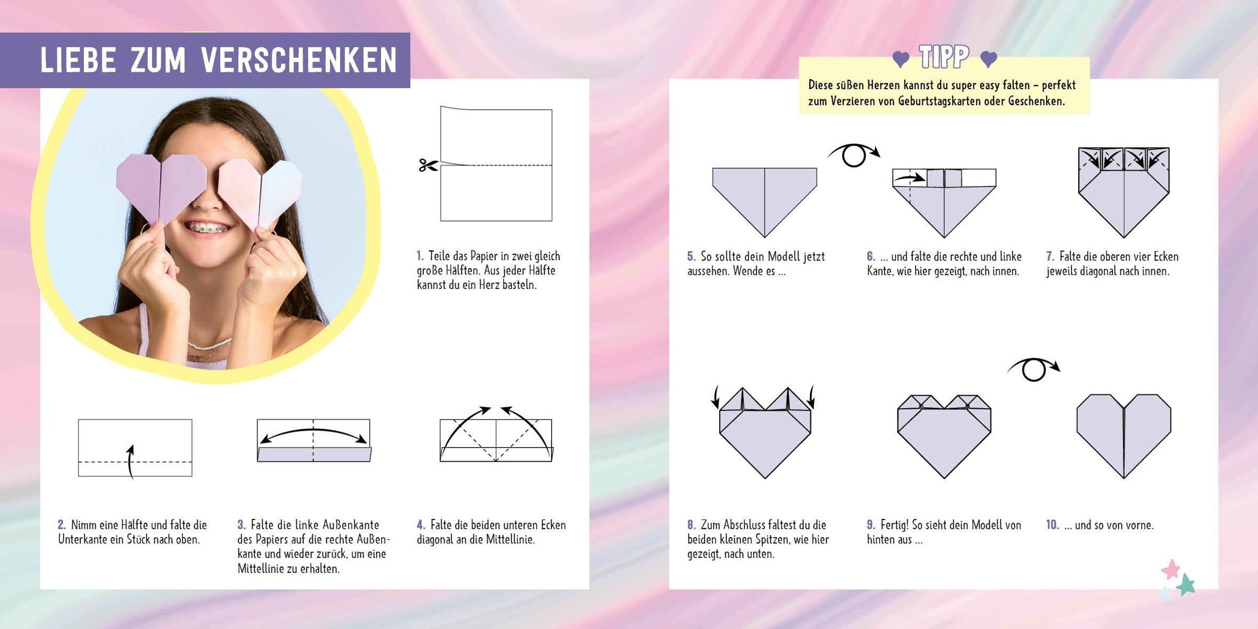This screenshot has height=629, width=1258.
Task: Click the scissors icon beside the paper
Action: point(428,165)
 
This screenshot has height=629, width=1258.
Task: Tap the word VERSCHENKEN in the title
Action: point(299,60)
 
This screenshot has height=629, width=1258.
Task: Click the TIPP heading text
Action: point(944,57)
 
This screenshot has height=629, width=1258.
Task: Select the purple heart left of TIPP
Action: point(901,60)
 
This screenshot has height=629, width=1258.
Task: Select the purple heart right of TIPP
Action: point(989,60)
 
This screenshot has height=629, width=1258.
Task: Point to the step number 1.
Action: point(420,256)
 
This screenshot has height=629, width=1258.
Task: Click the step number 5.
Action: point(691,256)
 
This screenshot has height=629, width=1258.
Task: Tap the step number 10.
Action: point(1053,525)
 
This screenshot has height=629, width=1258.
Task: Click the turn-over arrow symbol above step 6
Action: point(854,155)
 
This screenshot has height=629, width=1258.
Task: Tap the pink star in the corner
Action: point(1170,569)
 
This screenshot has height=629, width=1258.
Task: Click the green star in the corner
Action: point(1186,584)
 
